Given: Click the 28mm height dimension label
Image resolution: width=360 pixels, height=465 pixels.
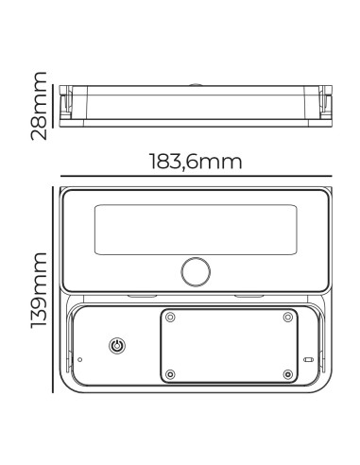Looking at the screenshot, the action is [x=39, y=106].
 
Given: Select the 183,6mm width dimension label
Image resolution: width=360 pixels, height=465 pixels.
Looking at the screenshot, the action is [x=196, y=162].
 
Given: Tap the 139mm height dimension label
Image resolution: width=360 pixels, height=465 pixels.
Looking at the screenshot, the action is [x=39, y=290].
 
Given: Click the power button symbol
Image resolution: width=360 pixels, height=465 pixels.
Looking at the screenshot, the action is [x=117, y=346].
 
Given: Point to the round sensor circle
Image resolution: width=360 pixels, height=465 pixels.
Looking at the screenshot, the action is [x=196, y=272].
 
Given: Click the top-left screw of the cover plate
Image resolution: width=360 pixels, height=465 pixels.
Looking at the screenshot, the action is [x=170, y=317].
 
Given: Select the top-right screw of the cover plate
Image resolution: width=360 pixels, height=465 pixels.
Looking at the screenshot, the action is [x=288, y=317].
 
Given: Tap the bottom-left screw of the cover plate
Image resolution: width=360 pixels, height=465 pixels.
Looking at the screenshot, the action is [x=170, y=374].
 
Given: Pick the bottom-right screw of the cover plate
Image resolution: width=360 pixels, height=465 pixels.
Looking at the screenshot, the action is [x=288, y=374].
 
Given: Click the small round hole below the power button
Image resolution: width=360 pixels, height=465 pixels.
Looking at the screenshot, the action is [x=79, y=359].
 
